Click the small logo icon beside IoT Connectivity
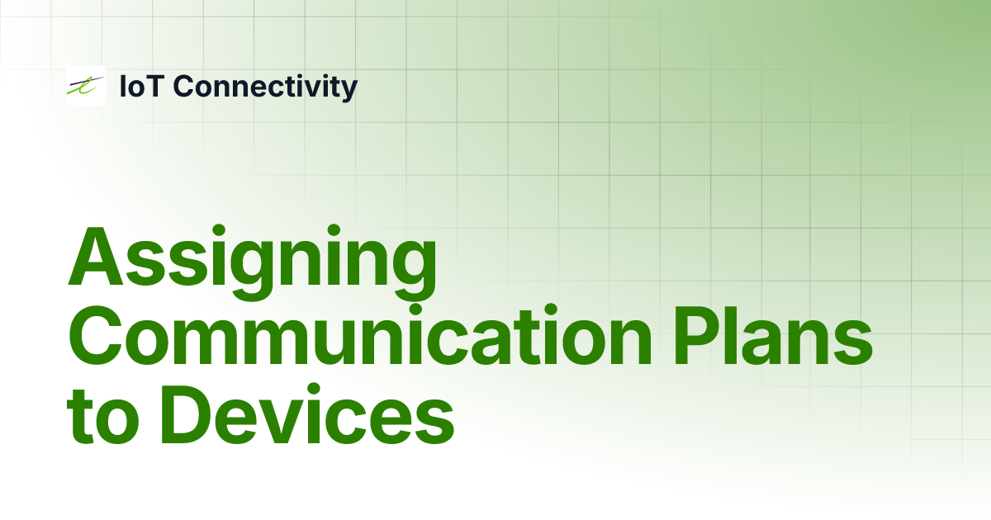tap(85, 86)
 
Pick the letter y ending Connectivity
tap(349, 89)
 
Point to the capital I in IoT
tap(124, 86)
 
